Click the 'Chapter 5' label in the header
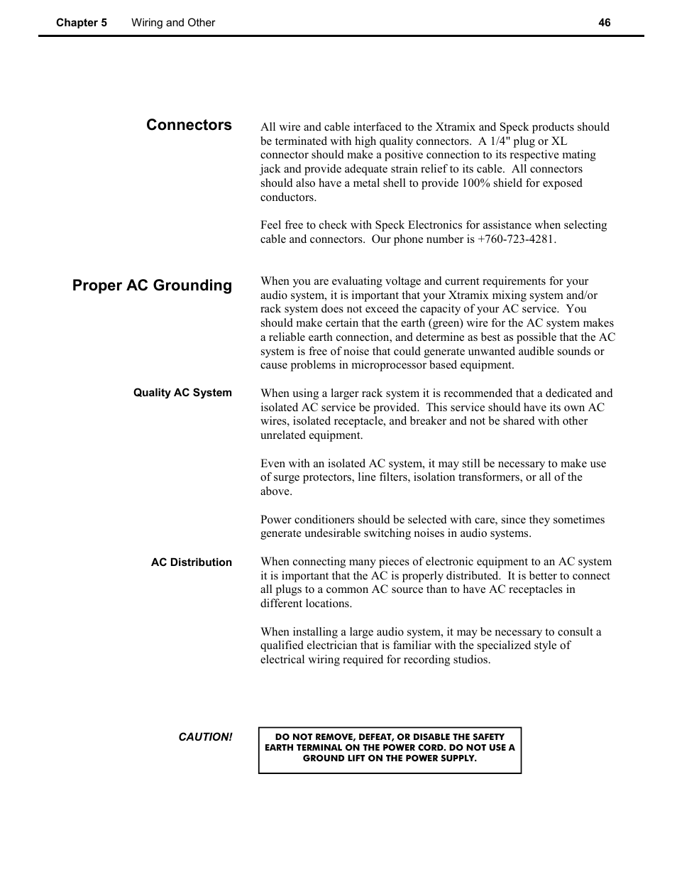pyautogui.click(x=82, y=23)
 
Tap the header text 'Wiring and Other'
pyautogui.click(x=173, y=23)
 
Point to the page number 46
pyautogui.click(x=604, y=23)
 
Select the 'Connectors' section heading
pyautogui.click(x=189, y=125)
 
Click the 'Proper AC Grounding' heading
pyautogui.click(x=152, y=285)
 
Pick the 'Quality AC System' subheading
pyautogui.click(x=182, y=393)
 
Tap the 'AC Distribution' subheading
pyautogui.click(x=191, y=562)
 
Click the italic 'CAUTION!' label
pyautogui.click(x=205, y=737)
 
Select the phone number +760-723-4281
pyautogui.click(x=517, y=239)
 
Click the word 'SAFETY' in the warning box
pyautogui.click(x=488, y=737)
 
